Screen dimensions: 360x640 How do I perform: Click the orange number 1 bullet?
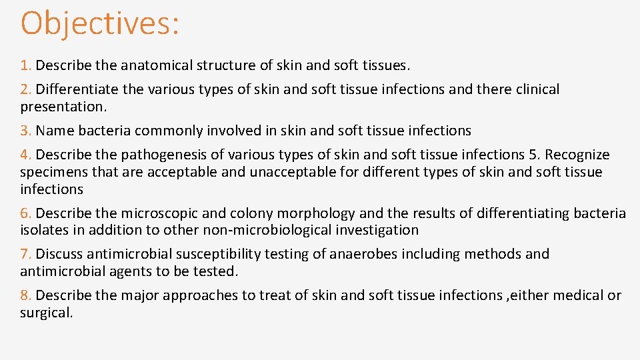pyautogui.click(x=25, y=65)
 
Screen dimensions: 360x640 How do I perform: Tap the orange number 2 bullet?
pyautogui.click(x=25, y=89)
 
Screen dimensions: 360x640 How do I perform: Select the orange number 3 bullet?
pyautogui.click(x=25, y=131)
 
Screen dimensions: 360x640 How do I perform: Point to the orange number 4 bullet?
pyautogui.click(x=25, y=155)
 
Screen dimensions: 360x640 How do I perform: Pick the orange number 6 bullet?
pyautogui.click(x=25, y=213)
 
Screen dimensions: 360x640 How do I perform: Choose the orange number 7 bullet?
pyautogui.click(x=25, y=254)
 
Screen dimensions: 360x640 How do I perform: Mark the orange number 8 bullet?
pyautogui.click(x=25, y=295)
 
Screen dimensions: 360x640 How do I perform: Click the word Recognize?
pyautogui.click(x=578, y=155)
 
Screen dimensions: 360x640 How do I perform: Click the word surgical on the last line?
pyautogui.click(x=46, y=313)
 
